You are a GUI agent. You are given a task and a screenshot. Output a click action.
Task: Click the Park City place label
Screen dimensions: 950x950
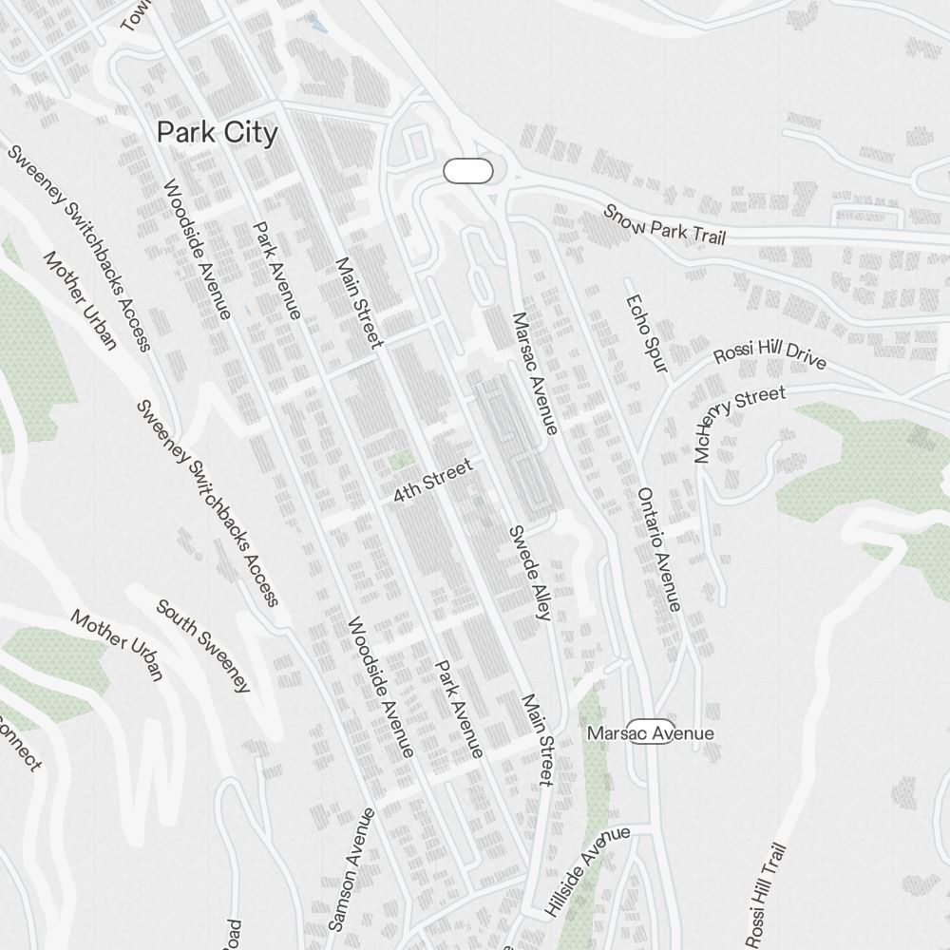[x=218, y=133]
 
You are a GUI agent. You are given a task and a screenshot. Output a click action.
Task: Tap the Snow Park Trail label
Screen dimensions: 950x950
[x=665, y=225]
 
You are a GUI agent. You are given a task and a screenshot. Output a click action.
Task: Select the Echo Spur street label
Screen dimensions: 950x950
[x=646, y=332]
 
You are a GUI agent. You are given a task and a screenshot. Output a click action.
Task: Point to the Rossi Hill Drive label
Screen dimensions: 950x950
[x=769, y=353]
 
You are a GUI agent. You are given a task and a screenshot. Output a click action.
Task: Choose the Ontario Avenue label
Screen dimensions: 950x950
[x=658, y=549]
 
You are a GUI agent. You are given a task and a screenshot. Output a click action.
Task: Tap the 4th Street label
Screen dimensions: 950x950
[x=433, y=482]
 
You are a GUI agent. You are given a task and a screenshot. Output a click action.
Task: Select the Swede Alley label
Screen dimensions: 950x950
[x=529, y=573]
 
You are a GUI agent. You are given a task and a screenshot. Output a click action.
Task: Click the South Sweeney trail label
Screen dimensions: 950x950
[x=203, y=646]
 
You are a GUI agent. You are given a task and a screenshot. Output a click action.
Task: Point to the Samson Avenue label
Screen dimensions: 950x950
[x=351, y=869]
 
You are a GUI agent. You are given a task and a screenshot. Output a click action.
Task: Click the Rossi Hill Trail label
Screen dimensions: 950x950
[x=767, y=895]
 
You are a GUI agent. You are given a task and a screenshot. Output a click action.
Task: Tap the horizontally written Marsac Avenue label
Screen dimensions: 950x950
[x=650, y=733]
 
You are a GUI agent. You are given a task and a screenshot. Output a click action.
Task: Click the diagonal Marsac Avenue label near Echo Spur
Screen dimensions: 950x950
[x=534, y=373]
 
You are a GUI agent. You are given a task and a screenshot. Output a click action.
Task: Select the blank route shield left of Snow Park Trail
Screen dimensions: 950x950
[x=468, y=171]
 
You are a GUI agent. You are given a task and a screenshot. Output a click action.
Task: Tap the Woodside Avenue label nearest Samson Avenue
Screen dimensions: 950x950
[x=380, y=687]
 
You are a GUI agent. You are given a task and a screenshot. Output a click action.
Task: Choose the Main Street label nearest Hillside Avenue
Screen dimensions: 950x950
[x=537, y=739]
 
